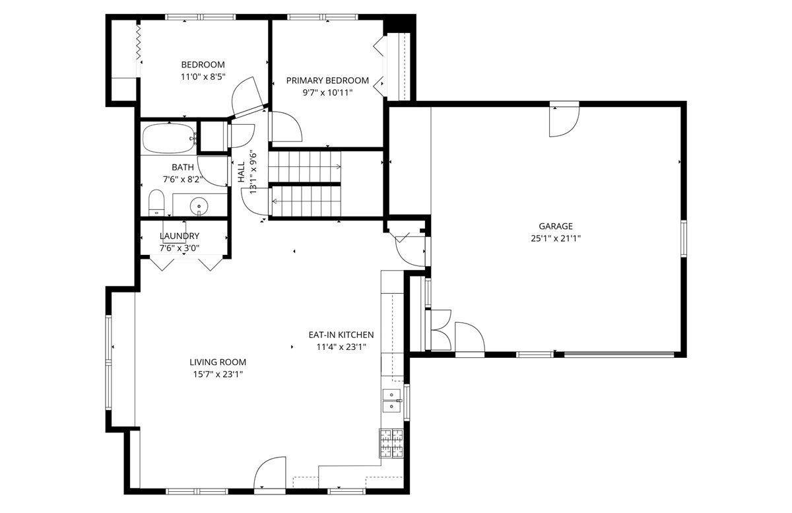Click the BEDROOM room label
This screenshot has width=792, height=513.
tap(203, 65)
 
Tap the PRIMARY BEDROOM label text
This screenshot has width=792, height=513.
tap(327, 81)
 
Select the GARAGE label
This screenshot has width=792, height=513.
tap(556, 226)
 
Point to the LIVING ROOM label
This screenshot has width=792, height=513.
tap(218, 362)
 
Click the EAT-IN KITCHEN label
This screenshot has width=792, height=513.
tap(341, 335)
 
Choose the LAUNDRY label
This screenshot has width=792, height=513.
tap(180, 236)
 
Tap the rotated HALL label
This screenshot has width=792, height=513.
tap(241, 172)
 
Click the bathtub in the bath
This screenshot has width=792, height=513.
tap(170, 138)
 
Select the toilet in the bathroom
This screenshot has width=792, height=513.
tap(156, 203)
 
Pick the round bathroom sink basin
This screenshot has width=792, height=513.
tap(199, 206)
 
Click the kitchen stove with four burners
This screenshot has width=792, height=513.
tap(391, 443)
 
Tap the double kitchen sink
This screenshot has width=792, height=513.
tap(392, 401)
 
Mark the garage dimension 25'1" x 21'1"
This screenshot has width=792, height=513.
tap(556, 238)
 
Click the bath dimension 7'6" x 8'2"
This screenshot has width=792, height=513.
tap(183, 180)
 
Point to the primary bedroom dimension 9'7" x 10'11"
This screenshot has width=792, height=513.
tap(327, 93)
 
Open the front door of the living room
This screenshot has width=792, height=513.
tap(270, 474)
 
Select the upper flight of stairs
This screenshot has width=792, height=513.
tap(304, 166)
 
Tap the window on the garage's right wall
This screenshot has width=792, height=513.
tap(684, 238)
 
